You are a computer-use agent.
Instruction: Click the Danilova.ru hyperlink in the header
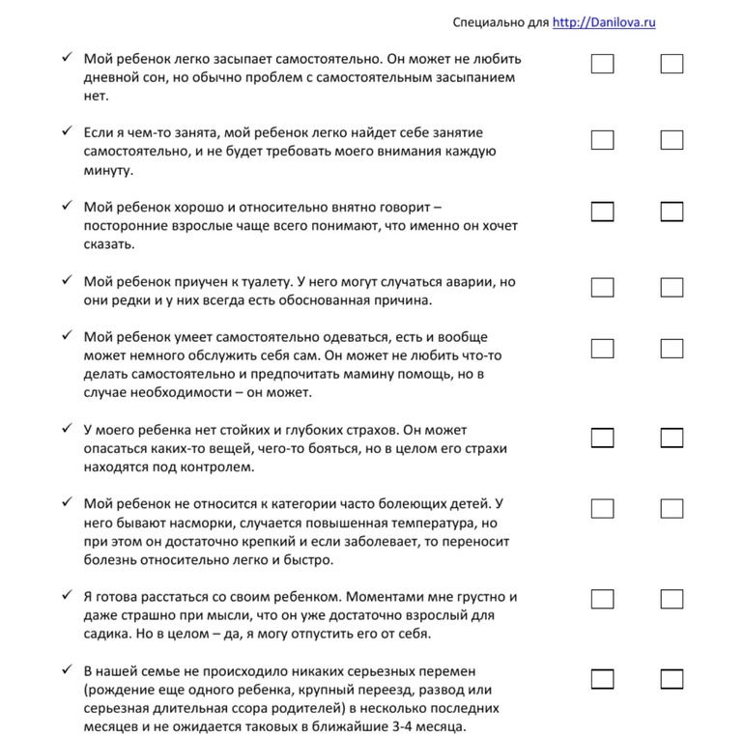tap(604, 22)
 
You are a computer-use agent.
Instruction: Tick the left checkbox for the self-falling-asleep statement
tap(602, 65)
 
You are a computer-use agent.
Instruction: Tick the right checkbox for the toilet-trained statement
tap(672, 287)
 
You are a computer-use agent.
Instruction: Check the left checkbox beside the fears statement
tap(602, 438)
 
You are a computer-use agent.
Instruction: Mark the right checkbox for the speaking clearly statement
tap(672, 212)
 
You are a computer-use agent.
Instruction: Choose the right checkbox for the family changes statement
tap(672, 679)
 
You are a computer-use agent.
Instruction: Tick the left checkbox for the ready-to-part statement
tap(602, 599)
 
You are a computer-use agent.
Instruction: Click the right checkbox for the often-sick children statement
tap(672, 508)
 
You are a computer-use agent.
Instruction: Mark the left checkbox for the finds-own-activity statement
tap(602, 140)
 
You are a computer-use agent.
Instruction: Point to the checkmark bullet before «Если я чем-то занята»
tap(66, 130)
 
